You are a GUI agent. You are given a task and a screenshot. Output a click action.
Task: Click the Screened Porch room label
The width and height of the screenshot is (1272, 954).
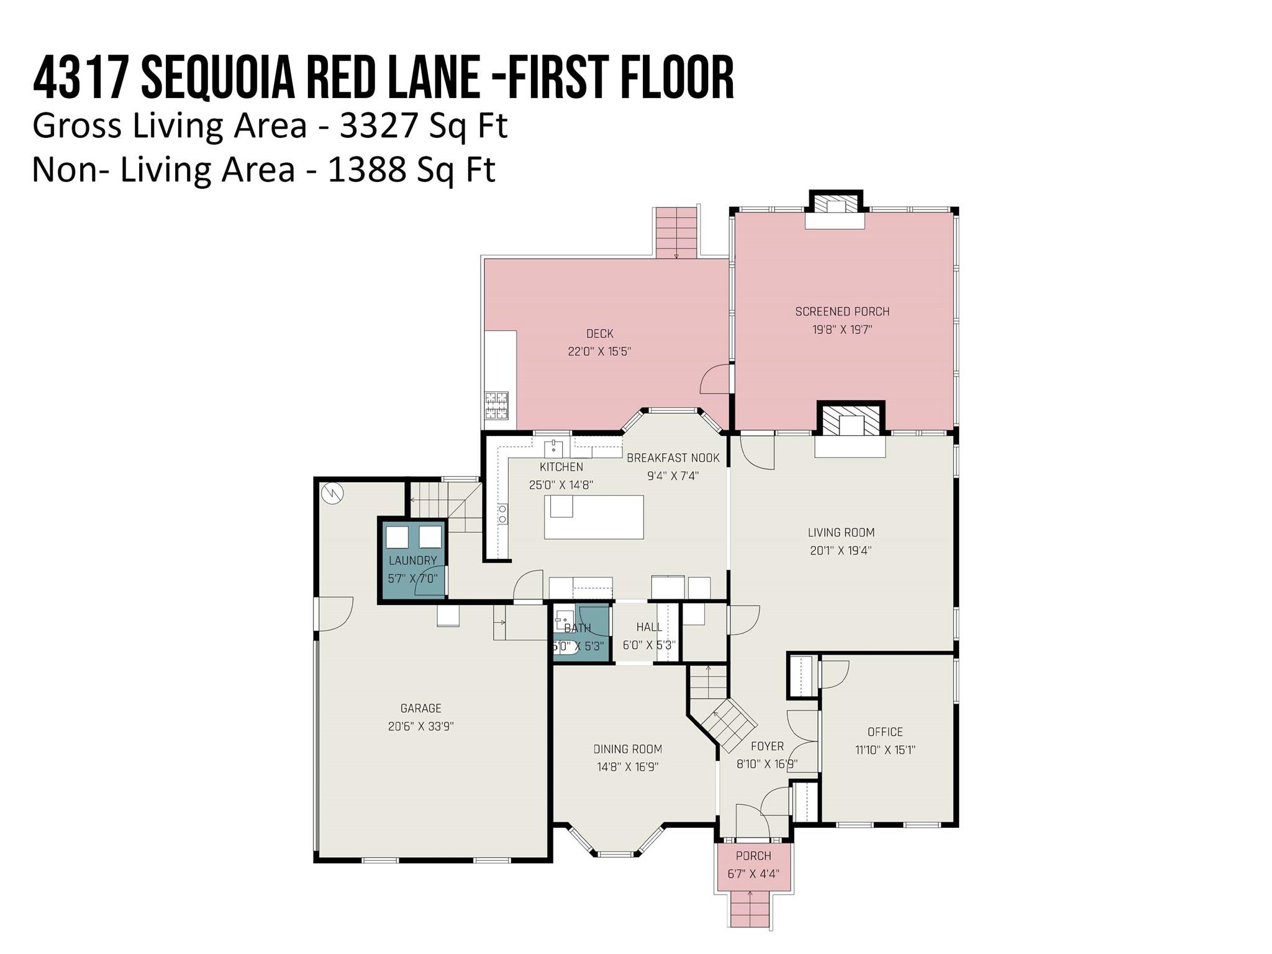click(842, 311)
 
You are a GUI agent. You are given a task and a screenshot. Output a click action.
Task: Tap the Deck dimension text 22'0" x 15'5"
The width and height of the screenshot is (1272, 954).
click(599, 352)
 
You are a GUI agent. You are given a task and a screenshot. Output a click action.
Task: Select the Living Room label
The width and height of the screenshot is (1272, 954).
click(841, 532)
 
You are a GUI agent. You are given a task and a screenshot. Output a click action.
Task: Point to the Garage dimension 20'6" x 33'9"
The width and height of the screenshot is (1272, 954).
click(421, 726)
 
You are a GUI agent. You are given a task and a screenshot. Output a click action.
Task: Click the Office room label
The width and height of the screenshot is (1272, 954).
click(885, 732)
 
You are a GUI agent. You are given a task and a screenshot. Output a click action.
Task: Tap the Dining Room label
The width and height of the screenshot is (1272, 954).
click(628, 749)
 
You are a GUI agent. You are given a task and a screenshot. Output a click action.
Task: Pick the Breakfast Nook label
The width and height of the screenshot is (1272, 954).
click(673, 458)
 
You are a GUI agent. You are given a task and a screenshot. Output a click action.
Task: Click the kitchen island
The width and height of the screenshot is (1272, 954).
click(594, 517)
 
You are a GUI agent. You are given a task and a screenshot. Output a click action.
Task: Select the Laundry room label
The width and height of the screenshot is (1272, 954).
click(412, 560)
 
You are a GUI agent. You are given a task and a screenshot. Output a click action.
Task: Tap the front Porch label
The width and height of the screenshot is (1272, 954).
click(753, 856)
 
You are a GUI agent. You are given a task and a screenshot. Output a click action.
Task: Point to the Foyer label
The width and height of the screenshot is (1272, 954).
click(767, 746)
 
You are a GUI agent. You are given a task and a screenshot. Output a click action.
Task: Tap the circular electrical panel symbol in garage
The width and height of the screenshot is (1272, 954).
click(332, 494)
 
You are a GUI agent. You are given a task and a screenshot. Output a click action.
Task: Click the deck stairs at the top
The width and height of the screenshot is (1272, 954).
click(676, 233)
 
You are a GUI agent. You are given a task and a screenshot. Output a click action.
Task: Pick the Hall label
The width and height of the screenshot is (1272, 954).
click(649, 627)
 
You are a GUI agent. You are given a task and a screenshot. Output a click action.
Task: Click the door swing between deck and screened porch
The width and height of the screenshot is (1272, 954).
click(714, 379)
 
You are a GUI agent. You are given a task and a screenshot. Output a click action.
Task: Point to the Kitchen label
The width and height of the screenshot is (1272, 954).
click(561, 467)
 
